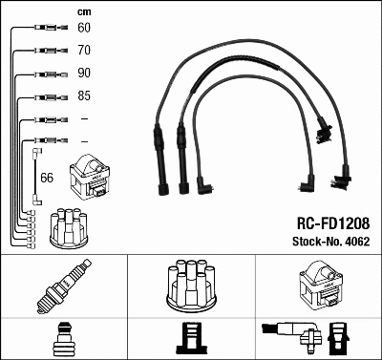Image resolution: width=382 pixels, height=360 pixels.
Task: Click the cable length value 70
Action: (x=84, y=51)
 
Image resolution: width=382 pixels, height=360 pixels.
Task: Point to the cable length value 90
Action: (x=84, y=74)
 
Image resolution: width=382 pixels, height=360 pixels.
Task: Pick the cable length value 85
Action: (x=84, y=96)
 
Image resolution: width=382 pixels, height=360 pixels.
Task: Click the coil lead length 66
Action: (x=47, y=178)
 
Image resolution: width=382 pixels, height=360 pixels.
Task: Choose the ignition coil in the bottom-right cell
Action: (x=319, y=284)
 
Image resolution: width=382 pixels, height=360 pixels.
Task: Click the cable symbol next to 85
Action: (x=46, y=96)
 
